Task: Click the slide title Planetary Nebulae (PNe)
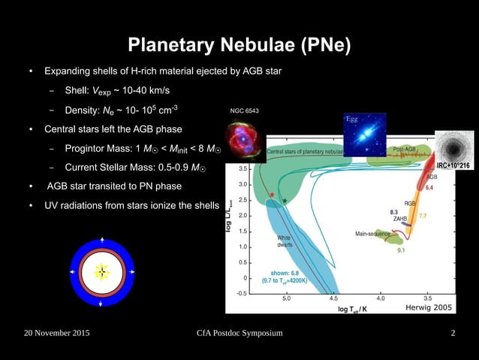point(239,46)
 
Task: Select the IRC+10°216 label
point(453,165)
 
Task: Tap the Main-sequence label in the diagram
point(372,234)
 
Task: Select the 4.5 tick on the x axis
point(334,298)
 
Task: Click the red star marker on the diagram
point(271,196)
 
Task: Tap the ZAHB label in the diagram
point(400,219)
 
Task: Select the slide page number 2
point(453,333)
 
